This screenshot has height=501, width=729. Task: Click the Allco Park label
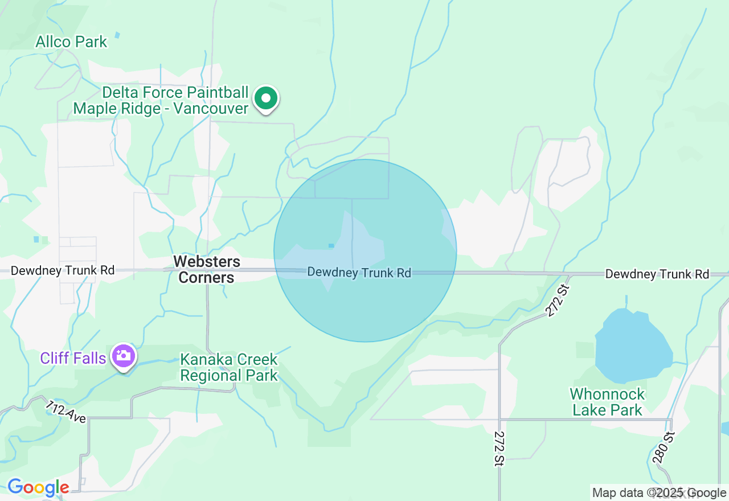point(71,42)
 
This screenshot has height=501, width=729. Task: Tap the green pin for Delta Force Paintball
point(265,98)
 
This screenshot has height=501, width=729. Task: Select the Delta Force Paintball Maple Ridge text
point(161,101)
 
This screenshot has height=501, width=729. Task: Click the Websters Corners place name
point(207,269)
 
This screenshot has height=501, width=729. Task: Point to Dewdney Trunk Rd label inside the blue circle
point(359,273)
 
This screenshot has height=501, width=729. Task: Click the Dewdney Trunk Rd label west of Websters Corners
point(63,270)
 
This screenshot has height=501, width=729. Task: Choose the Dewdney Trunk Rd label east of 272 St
point(657,274)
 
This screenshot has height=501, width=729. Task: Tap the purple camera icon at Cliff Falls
point(123,356)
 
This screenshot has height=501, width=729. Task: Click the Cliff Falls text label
point(73,358)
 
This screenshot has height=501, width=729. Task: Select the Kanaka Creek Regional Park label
point(229,367)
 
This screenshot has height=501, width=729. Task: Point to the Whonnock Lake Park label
point(607,402)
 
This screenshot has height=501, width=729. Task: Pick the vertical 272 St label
point(499,449)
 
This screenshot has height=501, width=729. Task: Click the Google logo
point(38,488)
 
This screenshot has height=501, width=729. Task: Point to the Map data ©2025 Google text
point(659,493)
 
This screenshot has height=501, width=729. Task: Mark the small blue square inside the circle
point(331,246)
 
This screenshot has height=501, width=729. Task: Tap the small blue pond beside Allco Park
point(117,35)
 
